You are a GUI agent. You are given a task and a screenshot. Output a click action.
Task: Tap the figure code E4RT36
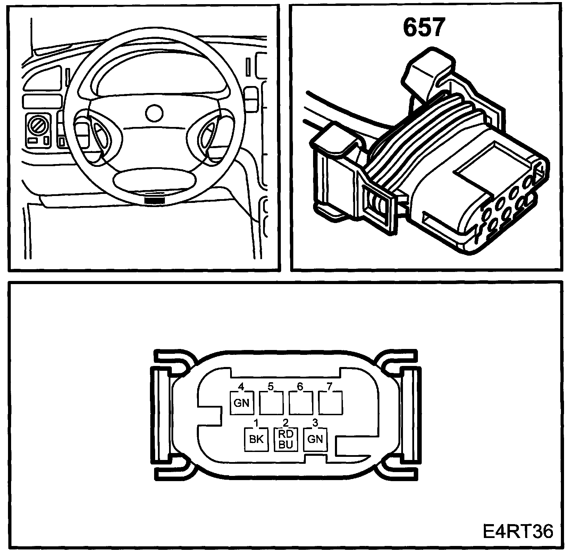coord(518,531)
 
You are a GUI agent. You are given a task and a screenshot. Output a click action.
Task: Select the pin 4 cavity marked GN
coord(242,402)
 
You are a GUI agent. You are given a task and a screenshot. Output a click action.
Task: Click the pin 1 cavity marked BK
coord(256,439)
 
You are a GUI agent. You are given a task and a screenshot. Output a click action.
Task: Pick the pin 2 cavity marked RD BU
coord(286,439)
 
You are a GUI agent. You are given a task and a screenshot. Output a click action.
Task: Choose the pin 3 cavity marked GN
coord(315,439)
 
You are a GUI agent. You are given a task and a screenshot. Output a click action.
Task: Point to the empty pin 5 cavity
coord(271,402)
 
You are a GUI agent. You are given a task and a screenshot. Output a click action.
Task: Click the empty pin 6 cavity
coord(301,402)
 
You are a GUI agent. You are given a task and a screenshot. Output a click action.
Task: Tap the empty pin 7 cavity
coord(330,402)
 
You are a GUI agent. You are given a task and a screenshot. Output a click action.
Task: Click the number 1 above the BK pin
coord(256,423)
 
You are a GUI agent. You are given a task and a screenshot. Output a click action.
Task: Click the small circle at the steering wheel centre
coord(154,113)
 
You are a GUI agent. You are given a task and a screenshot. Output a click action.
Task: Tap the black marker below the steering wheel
coord(154,200)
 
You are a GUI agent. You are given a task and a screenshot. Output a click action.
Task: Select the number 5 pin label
coord(271,386)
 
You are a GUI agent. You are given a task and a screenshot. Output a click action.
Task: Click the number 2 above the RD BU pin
coord(286,423)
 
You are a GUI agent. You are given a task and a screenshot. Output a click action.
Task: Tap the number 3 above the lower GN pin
coord(315,423)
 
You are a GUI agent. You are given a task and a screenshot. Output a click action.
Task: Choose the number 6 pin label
coord(300,386)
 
